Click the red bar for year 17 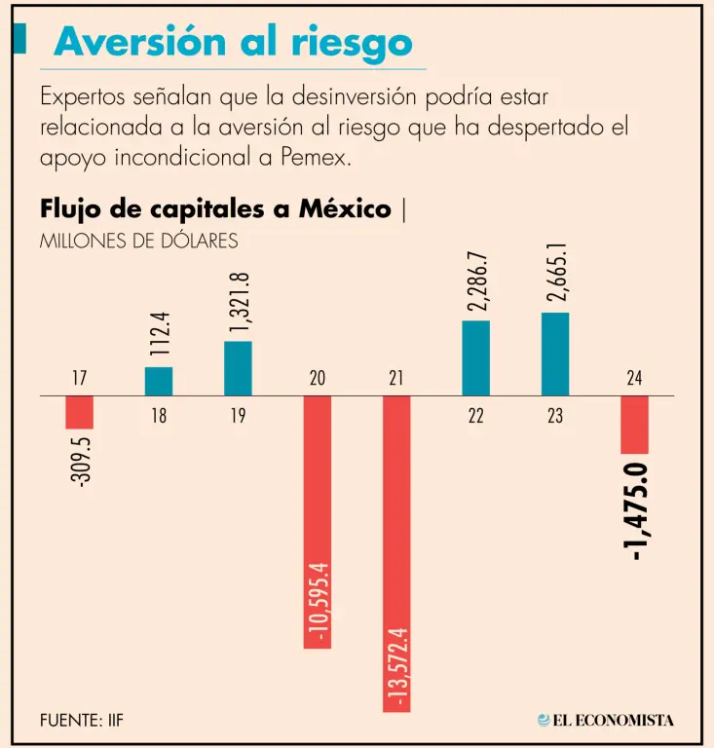79,413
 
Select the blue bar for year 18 159,382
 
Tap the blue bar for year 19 238,369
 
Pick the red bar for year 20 318,522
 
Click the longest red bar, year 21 396,554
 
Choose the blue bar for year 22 475,358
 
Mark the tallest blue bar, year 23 555,355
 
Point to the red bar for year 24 634,426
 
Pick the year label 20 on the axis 318,379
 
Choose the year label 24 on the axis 634,379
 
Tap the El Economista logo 605,721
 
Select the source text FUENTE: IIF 82,721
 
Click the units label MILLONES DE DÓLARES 138,241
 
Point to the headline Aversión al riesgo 234,42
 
